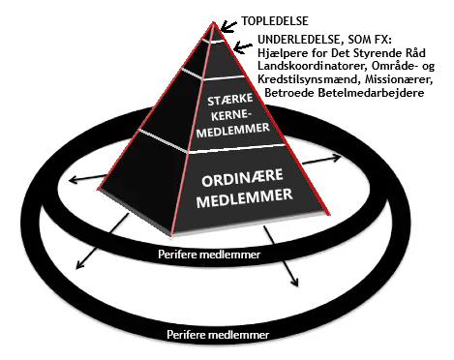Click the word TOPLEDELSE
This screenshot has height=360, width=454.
(275, 21)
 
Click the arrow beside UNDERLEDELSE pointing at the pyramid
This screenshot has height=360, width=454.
(243, 47)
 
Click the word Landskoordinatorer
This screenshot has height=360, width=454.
(312, 66)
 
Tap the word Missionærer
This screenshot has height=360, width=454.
(399, 79)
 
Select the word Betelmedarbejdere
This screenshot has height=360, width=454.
(371, 93)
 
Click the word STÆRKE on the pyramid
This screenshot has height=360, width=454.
(229, 100)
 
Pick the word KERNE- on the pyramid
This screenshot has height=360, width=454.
(231, 115)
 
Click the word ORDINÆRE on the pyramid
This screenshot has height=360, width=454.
(242, 178)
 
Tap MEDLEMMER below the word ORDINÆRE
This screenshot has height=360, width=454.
(245, 197)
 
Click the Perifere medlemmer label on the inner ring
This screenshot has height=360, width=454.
(209, 255)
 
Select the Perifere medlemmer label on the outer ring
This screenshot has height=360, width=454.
(218, 335)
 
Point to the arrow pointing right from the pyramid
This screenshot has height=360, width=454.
(321, 161)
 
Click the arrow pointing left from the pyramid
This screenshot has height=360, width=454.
(88, 178)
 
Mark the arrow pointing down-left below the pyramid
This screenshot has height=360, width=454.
(102, 241)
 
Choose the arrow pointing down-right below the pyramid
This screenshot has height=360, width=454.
(281, 255)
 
